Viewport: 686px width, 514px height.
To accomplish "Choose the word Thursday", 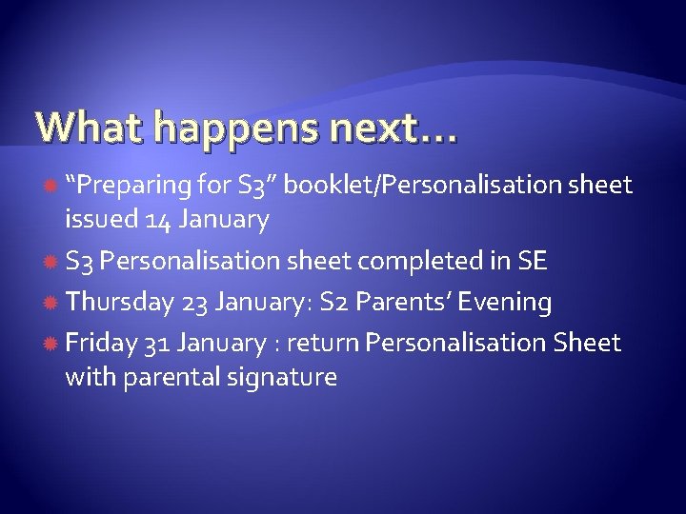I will (118, 302).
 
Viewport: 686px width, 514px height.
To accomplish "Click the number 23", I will (194, 302).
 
